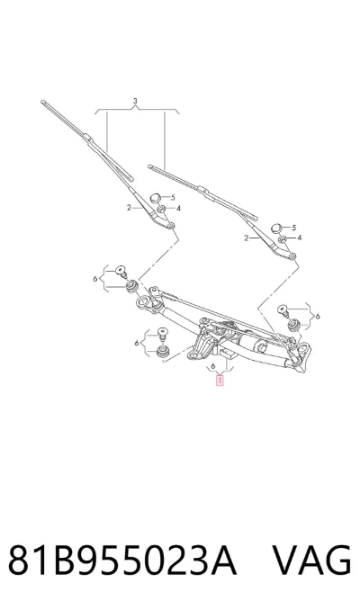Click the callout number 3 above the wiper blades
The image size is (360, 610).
pos(135,101)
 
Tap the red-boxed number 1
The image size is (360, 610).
pos(220,380)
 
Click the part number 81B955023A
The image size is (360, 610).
pos(122,561)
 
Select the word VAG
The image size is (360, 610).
pos(311,561)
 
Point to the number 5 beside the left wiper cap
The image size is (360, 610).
pos(173,198)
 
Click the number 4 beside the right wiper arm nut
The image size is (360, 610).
pos(300,238)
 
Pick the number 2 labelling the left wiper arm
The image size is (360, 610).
pos(129,208)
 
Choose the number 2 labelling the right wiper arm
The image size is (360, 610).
pos(246,238)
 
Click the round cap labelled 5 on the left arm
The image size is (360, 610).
pos(157,198)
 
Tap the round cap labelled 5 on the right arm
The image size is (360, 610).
pos(276,228)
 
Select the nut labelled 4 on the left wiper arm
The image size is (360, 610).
pos(161,210)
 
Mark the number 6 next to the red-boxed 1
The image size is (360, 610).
pos(213,366)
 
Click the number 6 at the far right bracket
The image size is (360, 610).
pos(318,317)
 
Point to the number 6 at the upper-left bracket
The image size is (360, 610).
pos(95,279)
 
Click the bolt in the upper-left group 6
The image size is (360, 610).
pos(121,271)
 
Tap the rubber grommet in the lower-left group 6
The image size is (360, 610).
pos(162,351)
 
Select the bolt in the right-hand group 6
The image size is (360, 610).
pos(283,310)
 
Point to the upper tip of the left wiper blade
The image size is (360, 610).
pos(42,102)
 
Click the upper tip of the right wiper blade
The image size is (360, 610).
pos(149,166)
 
